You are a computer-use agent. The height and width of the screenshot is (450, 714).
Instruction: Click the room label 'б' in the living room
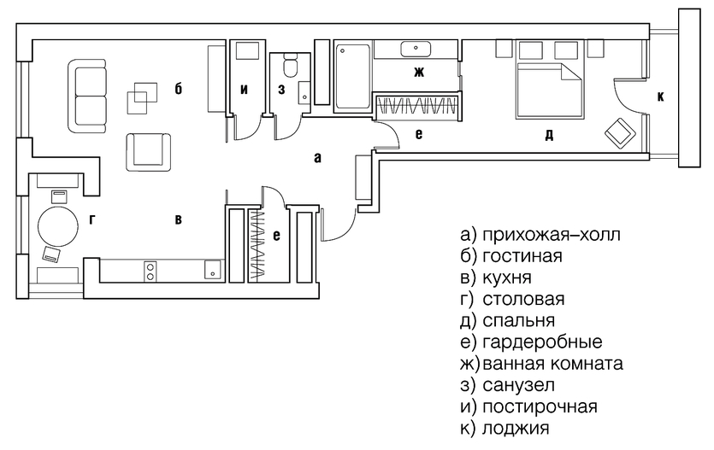point(178,88)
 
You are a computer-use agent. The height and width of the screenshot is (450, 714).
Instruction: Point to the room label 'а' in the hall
point(317,157)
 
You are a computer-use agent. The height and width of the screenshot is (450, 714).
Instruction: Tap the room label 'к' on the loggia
point(660,97)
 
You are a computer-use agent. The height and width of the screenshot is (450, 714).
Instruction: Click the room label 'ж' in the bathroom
point(419,72)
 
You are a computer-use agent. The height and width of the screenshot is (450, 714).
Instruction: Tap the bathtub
point(351,78)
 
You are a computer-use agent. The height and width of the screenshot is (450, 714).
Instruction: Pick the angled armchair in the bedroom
point(620,132)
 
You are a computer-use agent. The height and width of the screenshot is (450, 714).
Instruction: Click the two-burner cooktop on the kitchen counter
point(151,271)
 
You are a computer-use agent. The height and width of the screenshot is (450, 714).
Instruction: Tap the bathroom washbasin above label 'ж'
point(418,48)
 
